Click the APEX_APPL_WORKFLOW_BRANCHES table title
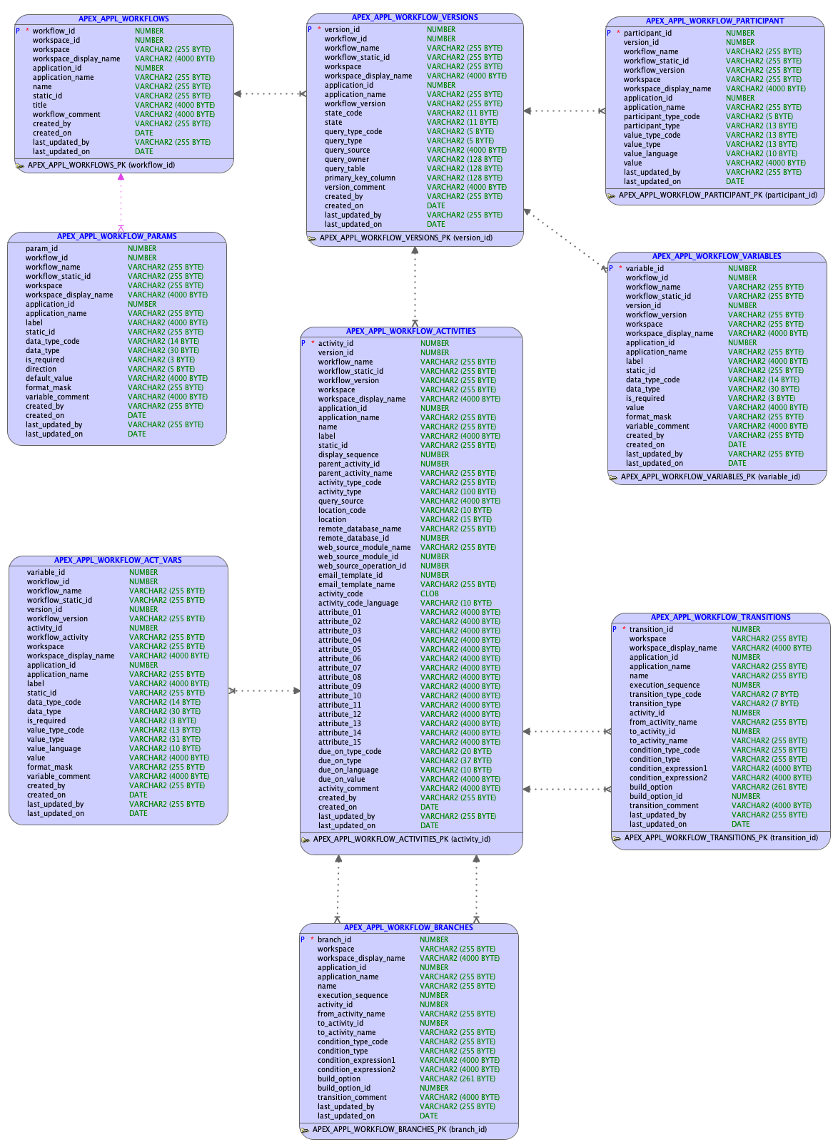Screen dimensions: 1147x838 [408, 927]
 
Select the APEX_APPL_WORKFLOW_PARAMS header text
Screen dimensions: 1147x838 [117, 236]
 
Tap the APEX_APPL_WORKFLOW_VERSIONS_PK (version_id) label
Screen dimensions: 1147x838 [405, 238]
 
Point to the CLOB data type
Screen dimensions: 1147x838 [430, 593]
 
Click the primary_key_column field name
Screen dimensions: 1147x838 [360, 178]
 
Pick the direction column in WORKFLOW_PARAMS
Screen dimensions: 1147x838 [41, 369]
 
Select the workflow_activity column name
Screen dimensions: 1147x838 [58, 637]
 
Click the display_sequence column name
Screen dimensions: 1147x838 [348, 454]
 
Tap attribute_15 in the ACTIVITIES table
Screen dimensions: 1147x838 [340, 742]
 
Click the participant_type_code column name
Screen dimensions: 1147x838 [662, 116]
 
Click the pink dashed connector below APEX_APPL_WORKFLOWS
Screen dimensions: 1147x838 [121, 203]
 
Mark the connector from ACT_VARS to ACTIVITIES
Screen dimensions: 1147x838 [264, 690]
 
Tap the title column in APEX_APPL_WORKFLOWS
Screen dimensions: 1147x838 [40, 105]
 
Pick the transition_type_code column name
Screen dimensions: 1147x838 [665, 694]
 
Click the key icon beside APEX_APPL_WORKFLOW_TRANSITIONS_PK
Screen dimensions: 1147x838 [617, 838]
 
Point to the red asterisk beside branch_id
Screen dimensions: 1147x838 [312, 939]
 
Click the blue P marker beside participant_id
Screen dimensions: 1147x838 [609, 33]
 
